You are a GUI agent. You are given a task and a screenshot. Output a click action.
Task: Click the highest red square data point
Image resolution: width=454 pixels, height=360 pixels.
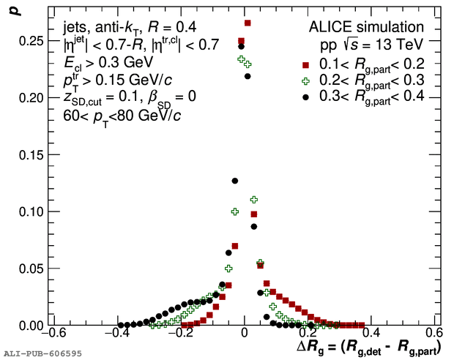pyautogui.click(x=248, y=23)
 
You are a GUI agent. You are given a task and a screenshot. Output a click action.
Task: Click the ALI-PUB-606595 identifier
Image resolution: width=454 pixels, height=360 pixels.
pyautogui.click(x=42, y=353)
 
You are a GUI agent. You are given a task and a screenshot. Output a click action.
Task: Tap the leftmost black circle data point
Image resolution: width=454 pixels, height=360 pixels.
pyautogui.click(x=119, y=325)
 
